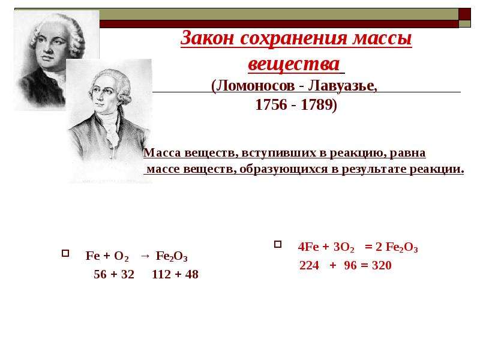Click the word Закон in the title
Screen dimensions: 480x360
(207, 38)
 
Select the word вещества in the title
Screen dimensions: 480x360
(294, 64)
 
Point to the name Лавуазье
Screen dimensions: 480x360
(343, 86)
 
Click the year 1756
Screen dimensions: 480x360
(272, 104)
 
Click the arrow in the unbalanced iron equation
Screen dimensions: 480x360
(145, 257)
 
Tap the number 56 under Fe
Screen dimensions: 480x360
(100, 274)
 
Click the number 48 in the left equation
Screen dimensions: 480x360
(191, 274)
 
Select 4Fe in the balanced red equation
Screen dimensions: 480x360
(308, 247)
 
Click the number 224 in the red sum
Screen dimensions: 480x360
(309, 265)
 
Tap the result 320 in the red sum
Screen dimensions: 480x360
(382, 265)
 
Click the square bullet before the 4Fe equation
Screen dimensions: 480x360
(278, 244)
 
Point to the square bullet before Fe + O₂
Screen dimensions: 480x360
(65, 253)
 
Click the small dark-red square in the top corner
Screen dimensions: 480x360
(464, 14)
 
